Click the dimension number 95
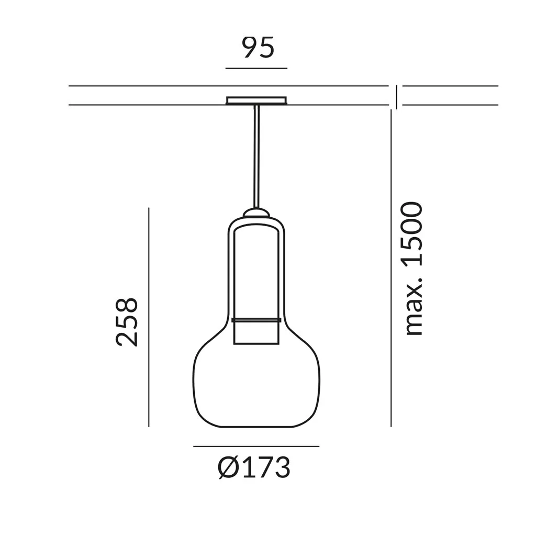(x=258, y=48)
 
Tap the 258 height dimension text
(x=127, y=321)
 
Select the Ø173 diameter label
(x=254, y=467)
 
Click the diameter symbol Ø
(x=228, y=467)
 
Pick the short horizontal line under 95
(x=256, y=68)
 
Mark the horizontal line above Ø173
(x=256, y=446)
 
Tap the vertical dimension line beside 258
(x=149, y=317)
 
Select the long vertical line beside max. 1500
(x=391, y=267)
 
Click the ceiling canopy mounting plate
(x=256, y=100)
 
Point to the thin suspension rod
(x=256, y=157)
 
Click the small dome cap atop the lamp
(x=256, y=213)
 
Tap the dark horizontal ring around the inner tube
(x=256, y=320)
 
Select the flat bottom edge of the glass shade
(x=256, y=427)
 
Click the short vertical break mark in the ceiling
(x=396, y=97)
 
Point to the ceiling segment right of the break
(x=450, y=95)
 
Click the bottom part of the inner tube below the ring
(x=256, y=333)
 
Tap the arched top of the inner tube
(x=256, y=226)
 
